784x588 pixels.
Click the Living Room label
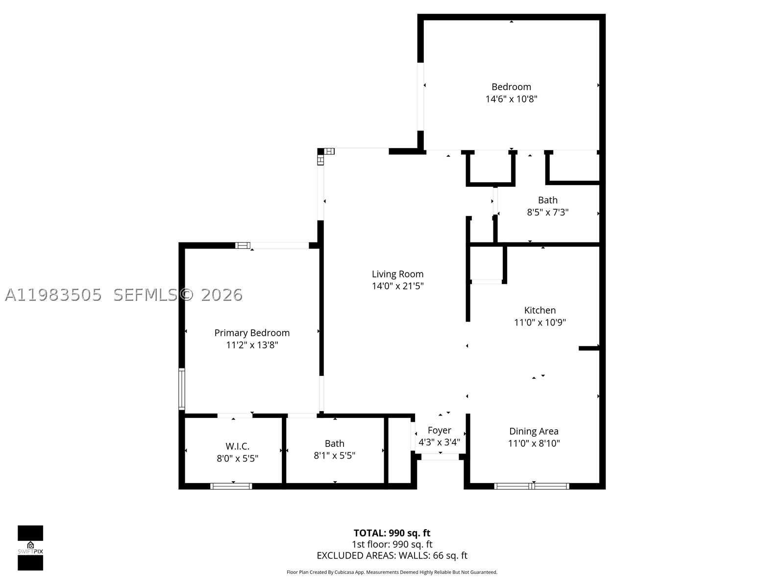pyautogui.click(x=397, y=274)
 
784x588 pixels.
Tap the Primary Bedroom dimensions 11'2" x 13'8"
pyautogui.click(x=252, y=345)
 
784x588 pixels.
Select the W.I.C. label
pyautogui.click(x=238, y=446)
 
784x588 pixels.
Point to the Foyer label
pyautogui.click(x=440, y=430)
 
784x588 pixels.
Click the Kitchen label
pyautogui.click(x=539, y=310)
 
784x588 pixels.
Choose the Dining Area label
pyautogui.click(x=534, y=431)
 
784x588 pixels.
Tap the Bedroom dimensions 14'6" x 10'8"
pyautogui.click(x=511, y=99)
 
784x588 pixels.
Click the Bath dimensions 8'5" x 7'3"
pyautogui.click(x=547, y=213)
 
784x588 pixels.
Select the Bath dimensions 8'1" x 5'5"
pyautogui.click(x=334, y=456)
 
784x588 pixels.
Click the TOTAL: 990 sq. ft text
pyautogui.click(x=392, y=533)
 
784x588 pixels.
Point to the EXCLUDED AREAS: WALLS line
pyautogui.click(x=392, y=556)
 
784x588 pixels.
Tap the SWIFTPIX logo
pyautogui.click(x=30, y=548)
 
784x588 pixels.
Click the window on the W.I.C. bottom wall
pyautogui.click(x=231, y=486)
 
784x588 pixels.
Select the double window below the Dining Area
pyautogui.click(x=532, y=486)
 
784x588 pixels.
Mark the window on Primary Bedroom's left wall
pyautogui.click(x=182, y=389)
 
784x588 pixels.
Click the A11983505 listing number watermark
pyautogui.click(x=53, y=295)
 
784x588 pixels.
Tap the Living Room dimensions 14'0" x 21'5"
pyautogui.click(x=397, y=286)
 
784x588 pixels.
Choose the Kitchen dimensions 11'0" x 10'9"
pyautogui.click(x=539, y=322)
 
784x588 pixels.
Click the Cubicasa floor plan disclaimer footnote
pyautogui.click(x=392, y=572)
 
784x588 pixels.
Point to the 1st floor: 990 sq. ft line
pyautogui.click(x=392, y=544)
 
